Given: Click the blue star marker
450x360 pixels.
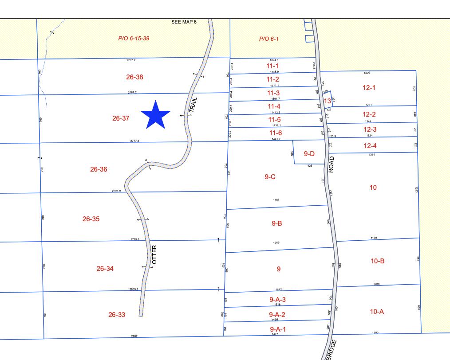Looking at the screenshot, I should pyautogui.click(x=156, y=115).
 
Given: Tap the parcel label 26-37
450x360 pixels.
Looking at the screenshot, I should pyautogui.click(x=121, y=118).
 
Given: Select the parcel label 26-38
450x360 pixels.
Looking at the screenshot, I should pyautogui.click(x=134, y=77).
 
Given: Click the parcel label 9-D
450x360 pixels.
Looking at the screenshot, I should pyautogui.click(x=309, y=154).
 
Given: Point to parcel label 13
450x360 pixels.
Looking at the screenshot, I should pyautogui.click(x=328, y=101).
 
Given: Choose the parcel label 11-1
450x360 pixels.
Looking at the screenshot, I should pyautogui.click(x=272, y=66).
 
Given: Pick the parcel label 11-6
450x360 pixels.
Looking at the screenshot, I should pyautogui.click(x=275, y=133).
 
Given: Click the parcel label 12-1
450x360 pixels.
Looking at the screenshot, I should pyautogui.click(x=369, y=88).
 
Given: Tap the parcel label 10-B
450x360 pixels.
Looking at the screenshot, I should pyautogui.click(x=377, y=261).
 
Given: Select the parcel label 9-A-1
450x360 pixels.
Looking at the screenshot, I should pyautogui.click(x=278, y=329).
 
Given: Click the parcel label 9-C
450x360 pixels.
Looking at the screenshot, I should pyautogui.click(x=270, y=177).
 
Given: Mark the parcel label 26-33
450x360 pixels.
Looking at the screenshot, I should pyautogui.click(x=117, y=315).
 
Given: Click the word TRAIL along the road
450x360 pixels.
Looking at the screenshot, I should pyautogui.click(x=193, y=105).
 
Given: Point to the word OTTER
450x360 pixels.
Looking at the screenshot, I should pyautogui.click(x=154, y=255).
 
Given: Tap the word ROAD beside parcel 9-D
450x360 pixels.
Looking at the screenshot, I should pyautogui.click(x=332, y=164).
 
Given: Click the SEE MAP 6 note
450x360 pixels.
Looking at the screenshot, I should pyautogui.click(x=184, y=22).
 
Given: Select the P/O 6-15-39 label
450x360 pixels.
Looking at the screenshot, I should pyautogui.click(x=134, y=39).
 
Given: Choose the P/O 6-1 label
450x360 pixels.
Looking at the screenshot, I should pyautogui.click(x=269, y=39).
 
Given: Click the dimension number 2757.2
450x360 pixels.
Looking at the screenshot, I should pyautogui.click(x=131, y=60).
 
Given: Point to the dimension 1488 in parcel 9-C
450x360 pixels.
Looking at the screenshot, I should pyautogui.click(x=276, y=200).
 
